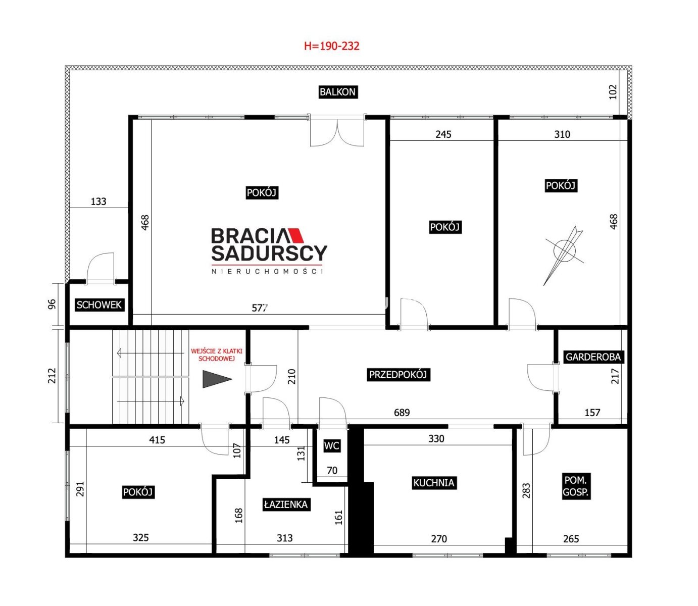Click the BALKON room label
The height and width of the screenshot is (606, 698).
[338, 92]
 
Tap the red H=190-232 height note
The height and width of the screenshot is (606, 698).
[332, 46]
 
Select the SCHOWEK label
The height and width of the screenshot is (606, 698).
[99, 305]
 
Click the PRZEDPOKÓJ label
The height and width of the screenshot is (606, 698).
[398, 374]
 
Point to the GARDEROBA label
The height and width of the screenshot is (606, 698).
[593, 357]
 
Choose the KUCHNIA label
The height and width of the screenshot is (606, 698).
[434, 483]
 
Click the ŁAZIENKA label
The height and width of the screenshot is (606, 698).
[286, 504]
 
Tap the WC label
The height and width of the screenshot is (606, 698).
[332, 446]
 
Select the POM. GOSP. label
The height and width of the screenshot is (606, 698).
[576, 486]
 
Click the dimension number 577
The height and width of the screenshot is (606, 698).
[260, 308]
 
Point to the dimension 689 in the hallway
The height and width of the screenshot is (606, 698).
[402, 413]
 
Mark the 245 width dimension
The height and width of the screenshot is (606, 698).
[443, 134]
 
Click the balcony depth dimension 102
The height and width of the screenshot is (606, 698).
[613, 92]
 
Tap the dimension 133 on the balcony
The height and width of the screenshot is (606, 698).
[98, 201]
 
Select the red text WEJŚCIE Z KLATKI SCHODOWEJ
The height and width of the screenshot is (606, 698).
[217, 355]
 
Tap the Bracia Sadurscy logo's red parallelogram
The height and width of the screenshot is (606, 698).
[295, 236]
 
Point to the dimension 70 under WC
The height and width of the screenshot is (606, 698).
[332, 471]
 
